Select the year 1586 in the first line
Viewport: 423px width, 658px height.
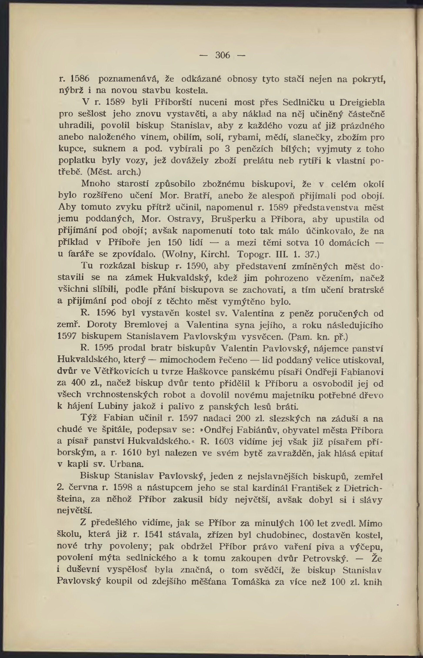[x=80, y=79]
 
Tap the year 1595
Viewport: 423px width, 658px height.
[x=103, y=348]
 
